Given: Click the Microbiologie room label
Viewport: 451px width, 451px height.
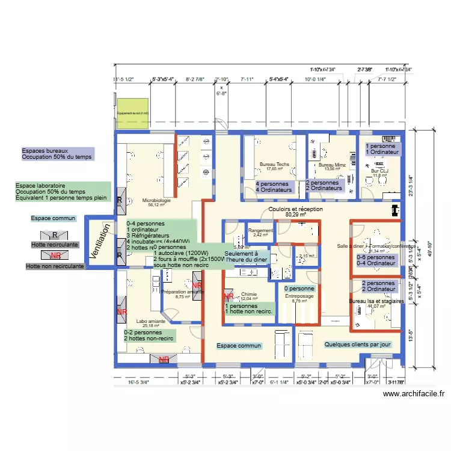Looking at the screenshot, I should coord(156,201).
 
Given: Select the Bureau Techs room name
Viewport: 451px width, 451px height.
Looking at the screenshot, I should coord(274,164).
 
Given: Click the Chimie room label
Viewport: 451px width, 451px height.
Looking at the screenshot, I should coord(248,295).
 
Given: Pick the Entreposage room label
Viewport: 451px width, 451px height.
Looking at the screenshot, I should coord(299,296).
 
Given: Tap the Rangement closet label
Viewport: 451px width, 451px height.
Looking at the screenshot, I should coord(260,230).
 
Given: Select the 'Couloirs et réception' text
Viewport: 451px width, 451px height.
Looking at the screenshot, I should coord(295,209).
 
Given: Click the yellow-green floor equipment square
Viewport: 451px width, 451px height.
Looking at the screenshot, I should coord(132,112).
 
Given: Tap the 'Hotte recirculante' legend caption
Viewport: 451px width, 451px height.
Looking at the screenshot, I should coord(54,245).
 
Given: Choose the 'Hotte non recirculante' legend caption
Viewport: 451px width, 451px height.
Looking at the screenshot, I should coord(55,266).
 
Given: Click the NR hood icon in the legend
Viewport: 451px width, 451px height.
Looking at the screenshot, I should coord(55,255).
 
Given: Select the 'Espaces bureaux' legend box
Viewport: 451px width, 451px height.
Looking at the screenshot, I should coord(57,153).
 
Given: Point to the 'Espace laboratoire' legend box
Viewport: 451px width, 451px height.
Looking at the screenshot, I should coord(63,192).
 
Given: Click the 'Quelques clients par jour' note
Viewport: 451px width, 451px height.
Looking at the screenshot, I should coord(357,345).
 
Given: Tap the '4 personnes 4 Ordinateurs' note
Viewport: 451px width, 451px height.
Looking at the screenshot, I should coord(274,187).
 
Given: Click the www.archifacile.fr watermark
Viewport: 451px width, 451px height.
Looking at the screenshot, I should coord(414,394).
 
